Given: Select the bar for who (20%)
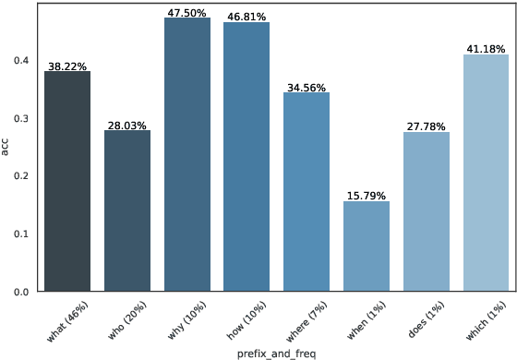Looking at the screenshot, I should coord(127,211).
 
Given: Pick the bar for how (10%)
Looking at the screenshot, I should coord(246,157).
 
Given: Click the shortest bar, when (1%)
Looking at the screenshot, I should coord(367,246).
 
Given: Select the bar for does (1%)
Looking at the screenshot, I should coord(427,212).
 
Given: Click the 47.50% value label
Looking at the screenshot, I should coord(187,13).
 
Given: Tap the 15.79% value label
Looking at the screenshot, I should coord(367,196).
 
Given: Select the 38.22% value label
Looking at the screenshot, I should coord(67,66).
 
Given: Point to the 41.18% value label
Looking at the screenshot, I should coord(486,49).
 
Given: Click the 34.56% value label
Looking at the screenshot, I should coord(307,87).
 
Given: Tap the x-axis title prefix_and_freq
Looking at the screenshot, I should coord(277,354).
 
